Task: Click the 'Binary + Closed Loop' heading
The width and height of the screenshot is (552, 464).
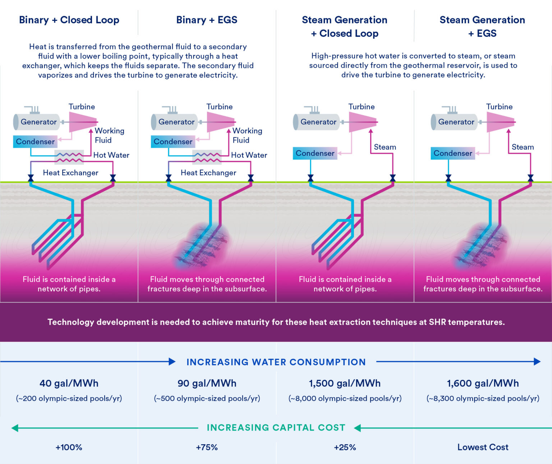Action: point(69,20)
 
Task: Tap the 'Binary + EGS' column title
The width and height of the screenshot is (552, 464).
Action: point(207,20)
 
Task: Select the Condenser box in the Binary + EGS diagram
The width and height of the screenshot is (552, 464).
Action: point(173,142)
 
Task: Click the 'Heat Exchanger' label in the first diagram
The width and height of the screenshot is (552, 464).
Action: point(70,173)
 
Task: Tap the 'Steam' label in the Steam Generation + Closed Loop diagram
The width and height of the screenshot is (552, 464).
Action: point(385,147)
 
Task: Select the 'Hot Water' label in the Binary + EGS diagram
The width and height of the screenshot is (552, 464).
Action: point(249,155)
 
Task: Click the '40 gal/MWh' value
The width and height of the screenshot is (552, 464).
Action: point(69,383)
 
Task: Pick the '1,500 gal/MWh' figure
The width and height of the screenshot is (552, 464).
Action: point(345,383)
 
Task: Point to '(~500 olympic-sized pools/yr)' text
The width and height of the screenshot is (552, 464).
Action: point(207,398)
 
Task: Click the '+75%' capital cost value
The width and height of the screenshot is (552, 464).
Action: point(207,447)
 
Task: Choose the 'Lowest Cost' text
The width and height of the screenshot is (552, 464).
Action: point(483,447)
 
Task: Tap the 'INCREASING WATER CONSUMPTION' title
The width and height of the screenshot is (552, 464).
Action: point(276,362)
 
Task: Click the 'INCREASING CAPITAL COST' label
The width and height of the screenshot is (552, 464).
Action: point(276,428)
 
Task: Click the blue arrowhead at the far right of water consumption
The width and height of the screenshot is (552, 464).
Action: point(537,362)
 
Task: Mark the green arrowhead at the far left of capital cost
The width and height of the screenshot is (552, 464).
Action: point(15,428)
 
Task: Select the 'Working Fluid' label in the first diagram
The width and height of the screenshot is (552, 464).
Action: point(109,135)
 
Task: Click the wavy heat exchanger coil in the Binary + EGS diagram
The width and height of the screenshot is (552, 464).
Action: point(207,157)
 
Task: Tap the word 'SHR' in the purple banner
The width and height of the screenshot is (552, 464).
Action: point(437,322)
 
